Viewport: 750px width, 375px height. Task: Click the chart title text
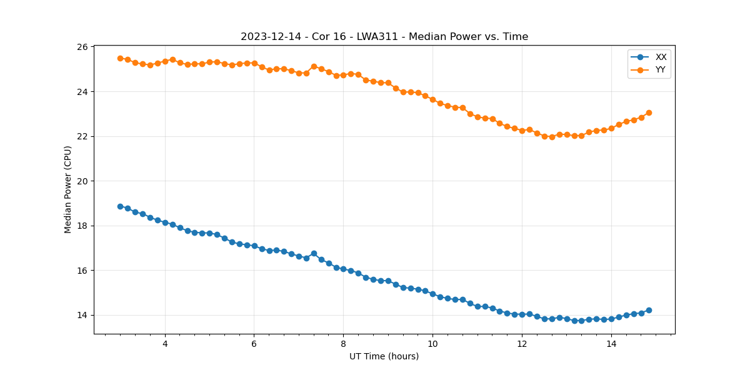tap(384, 37)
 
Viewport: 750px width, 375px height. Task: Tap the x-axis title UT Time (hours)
tap(384, 356)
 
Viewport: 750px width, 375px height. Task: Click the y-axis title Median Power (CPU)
tap(68, 189)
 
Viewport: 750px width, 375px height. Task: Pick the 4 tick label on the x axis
tap(165, 344)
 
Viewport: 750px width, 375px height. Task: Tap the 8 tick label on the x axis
tap(343, 344)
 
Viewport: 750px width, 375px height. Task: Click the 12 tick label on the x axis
tap(522, 344)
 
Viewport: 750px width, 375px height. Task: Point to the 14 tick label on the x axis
tap(611, 344)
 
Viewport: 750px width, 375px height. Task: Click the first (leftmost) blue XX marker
tap(120, 206)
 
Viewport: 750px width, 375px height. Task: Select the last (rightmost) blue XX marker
tap(649, 310)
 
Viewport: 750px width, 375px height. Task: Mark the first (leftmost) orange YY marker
tap(120, 58)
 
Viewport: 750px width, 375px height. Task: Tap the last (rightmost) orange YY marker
tap(649, 112)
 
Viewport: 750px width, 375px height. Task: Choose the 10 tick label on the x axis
tap(432, 344)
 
